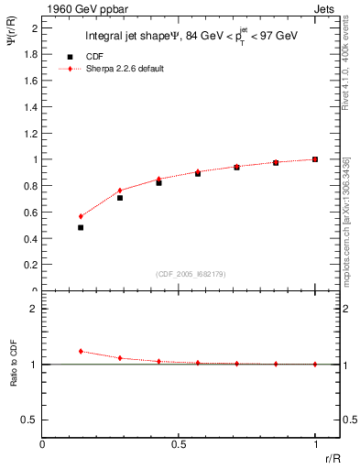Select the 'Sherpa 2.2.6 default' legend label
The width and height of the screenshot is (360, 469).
tap(125, 69)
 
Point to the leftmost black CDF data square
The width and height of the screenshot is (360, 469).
tap(81, 227)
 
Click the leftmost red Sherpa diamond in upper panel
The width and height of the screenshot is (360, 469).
tap(81, 216)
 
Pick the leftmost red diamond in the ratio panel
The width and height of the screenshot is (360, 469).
tap(81, 351)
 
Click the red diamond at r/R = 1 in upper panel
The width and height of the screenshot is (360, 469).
tap(315, 159)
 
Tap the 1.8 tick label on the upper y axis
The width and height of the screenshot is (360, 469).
tap(31, 54)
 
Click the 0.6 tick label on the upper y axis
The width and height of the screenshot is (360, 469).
tap(31, 212)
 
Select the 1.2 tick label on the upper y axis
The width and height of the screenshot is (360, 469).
tap(31, 133)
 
